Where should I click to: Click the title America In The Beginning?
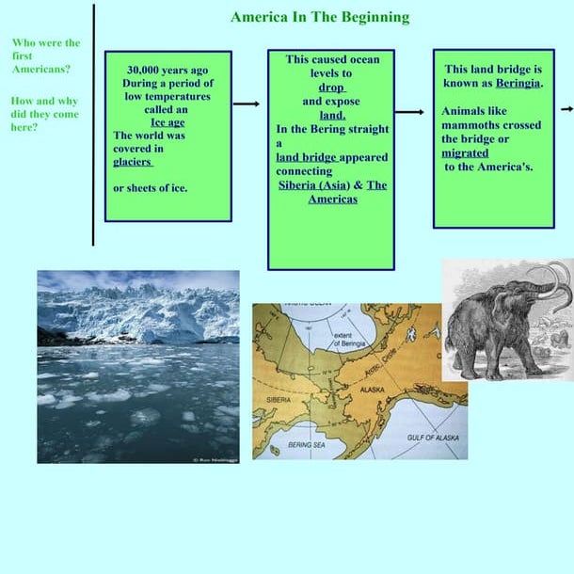320,17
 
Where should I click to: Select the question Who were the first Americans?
46,56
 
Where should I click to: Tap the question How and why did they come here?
44,114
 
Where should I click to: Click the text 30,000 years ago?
167,70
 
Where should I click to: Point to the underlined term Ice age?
167,121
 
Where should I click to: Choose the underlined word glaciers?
133,161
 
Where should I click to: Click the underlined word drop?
331,87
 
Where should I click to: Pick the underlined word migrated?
465,152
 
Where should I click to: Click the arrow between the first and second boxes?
247,104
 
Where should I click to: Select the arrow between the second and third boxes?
409,112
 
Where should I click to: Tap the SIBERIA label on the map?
278,399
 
